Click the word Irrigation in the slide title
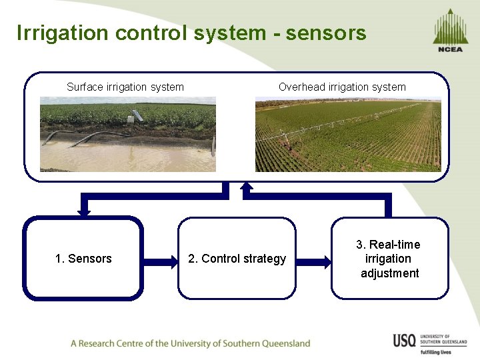pos(58,33)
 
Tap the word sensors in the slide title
pos(326,33)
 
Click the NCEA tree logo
pos(451,30)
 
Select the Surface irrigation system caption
pos(125,87)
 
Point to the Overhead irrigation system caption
pos(342,87)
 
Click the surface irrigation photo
pos(128,134)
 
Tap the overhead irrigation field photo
pos(348,135)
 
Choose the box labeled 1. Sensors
pos(83,258)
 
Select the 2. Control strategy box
pos(237,258)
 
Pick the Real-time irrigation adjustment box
pos(390,258)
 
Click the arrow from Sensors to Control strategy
pos(160,258)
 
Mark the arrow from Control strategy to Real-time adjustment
pos(313,258)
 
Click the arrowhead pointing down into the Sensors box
pos(84,211)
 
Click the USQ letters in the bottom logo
pos(405,340)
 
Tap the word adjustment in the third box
pos(390,273)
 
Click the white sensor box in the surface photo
pos(136,115)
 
